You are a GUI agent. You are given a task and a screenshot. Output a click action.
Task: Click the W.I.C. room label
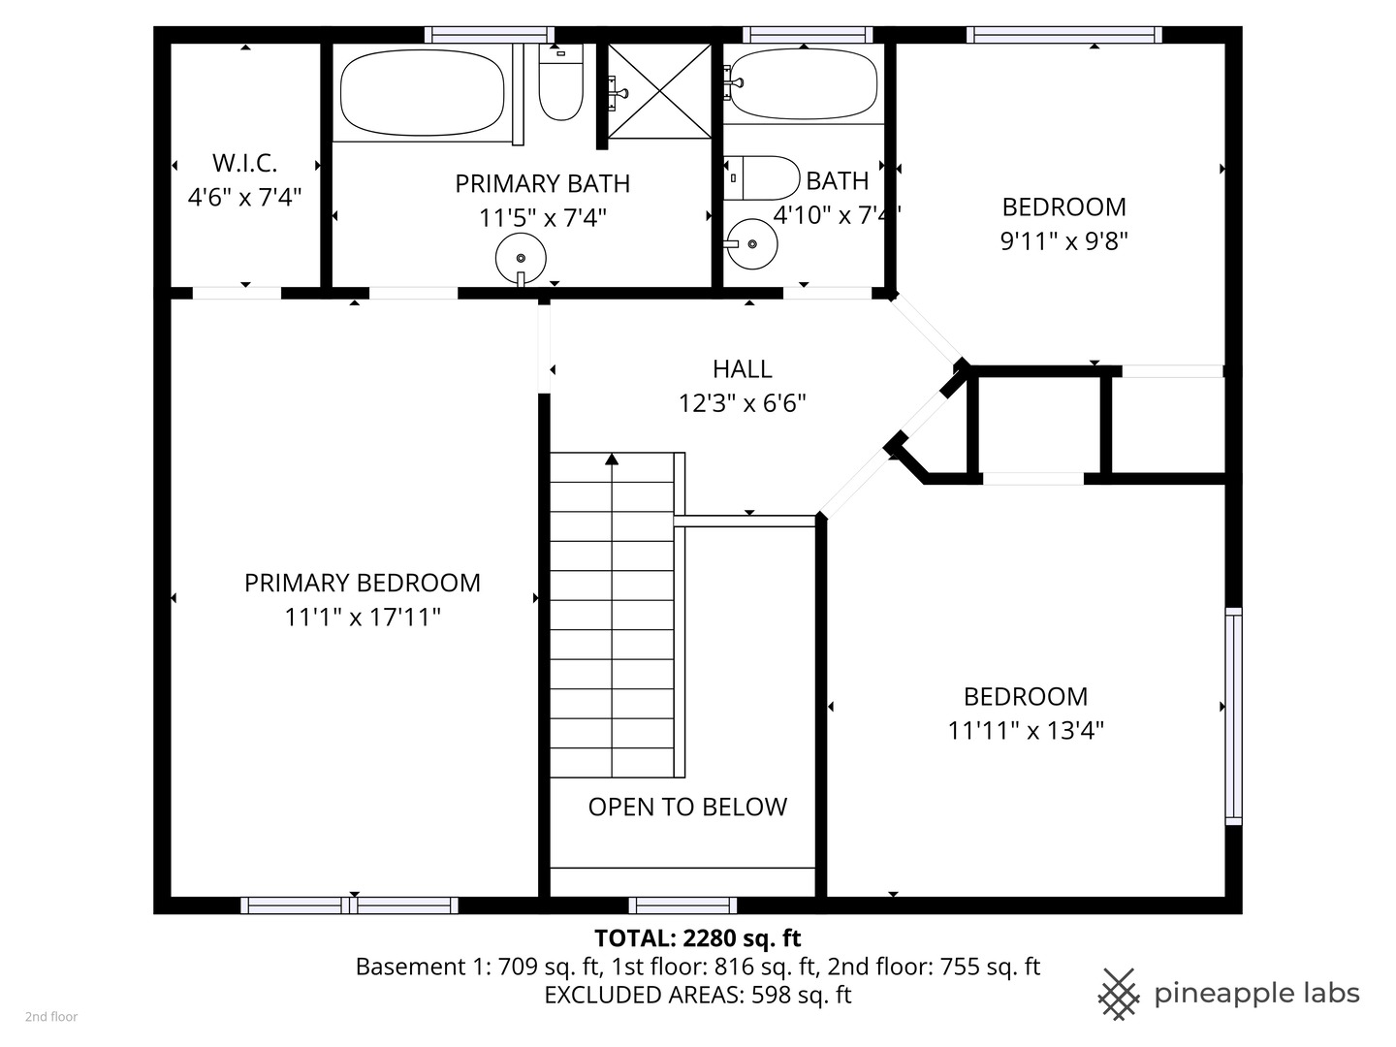pos(244,163)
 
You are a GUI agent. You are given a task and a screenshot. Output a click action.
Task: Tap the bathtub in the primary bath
pos(422,93)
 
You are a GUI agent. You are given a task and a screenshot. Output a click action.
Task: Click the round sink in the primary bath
pos(521,259)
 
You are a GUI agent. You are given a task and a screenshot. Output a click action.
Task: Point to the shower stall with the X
pos(659,91)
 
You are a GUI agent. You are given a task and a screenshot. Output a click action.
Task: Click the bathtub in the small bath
pos(804,84)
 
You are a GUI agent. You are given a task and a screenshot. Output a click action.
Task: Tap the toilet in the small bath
pos(763,177)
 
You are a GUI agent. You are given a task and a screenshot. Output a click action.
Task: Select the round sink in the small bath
pos(752,243)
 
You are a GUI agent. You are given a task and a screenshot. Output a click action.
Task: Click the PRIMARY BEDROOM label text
pos(362,583)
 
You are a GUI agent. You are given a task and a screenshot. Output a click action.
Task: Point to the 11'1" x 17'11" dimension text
pos(362,617)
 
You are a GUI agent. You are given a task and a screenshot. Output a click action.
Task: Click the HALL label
pos(742,369)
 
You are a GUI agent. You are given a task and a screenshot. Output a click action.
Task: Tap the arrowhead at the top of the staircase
pos(612,460)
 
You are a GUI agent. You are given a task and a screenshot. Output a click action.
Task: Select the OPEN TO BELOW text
pos(687,807)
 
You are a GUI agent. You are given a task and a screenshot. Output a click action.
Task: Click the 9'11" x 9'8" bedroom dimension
pos(1063,240)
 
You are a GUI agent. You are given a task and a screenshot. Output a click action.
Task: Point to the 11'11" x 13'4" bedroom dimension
pos(1026,730)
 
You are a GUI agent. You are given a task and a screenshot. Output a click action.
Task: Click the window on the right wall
pos(1232,715)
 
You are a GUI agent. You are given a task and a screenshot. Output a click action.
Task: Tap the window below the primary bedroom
pos(349,905)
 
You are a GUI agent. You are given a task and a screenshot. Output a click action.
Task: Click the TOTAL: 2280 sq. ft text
pos(697,938)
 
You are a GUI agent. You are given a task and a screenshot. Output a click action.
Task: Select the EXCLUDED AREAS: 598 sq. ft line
pos(697,995)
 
